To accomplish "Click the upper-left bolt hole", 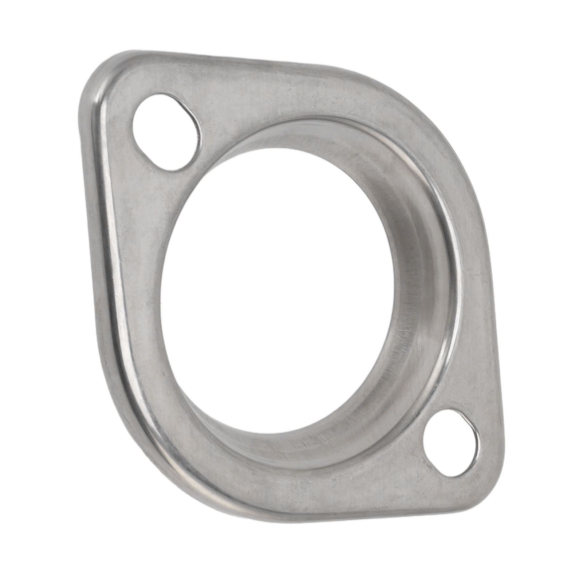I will coord(166,132).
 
